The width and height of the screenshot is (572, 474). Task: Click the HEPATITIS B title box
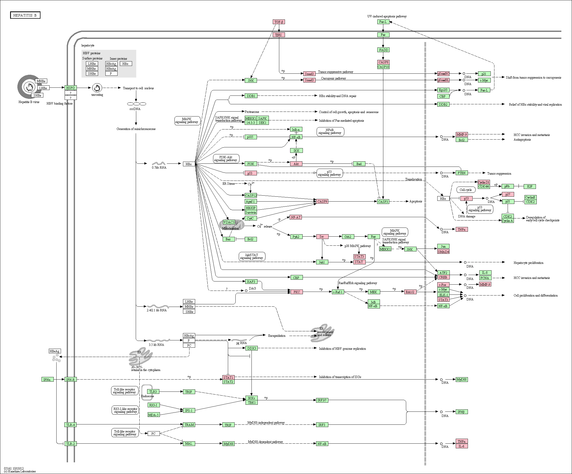25,15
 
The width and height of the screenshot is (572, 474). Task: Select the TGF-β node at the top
279,22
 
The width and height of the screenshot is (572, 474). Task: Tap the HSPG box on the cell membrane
70,88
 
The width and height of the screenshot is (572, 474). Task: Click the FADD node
383,50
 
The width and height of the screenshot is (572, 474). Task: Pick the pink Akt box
296,164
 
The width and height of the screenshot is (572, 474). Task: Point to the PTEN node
461,173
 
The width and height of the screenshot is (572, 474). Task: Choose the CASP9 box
322,202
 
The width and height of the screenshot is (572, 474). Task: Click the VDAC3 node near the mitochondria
229,222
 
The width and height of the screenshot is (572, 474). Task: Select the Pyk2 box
296,237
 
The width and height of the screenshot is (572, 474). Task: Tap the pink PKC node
297,292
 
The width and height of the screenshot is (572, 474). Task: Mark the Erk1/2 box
410,292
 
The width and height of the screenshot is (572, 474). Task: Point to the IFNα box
47,380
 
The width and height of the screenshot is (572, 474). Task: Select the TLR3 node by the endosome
153,391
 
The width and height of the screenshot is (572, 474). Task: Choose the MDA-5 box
154,415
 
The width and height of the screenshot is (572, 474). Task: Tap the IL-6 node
461,446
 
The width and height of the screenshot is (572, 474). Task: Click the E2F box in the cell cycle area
530,187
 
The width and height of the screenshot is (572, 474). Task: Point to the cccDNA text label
135,109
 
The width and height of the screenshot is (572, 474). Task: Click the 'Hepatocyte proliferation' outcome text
528,263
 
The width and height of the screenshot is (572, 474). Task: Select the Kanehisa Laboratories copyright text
20,471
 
